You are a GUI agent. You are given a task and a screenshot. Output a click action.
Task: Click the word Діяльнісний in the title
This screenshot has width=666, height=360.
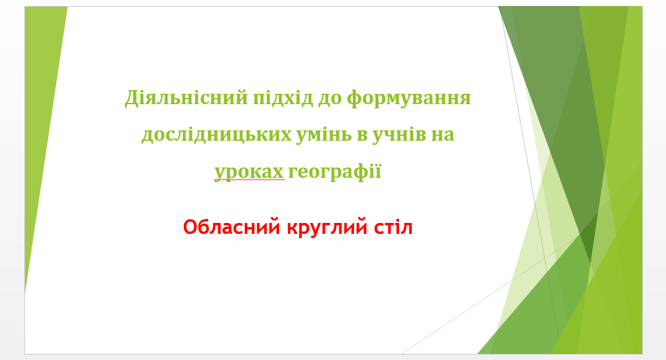tap(186, 97)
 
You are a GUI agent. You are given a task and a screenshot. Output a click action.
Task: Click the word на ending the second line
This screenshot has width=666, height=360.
tap(443, 136)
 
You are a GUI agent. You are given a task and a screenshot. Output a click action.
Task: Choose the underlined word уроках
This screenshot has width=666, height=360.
tap(249, 172)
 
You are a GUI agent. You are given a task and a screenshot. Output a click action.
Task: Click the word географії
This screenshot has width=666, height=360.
tap(335, 172)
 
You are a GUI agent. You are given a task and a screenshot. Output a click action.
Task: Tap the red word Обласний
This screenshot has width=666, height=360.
tap(232, 227)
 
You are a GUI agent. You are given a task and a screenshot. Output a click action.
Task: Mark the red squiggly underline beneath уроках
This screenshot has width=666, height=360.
tap(250, 180)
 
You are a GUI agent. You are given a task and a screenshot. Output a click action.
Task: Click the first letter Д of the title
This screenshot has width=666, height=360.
tap(131, 99)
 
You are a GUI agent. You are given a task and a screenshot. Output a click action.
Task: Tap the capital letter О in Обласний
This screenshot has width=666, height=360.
tap(190, 227)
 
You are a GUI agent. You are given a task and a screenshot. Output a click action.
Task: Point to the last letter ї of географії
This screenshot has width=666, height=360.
tap(378, 172)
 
